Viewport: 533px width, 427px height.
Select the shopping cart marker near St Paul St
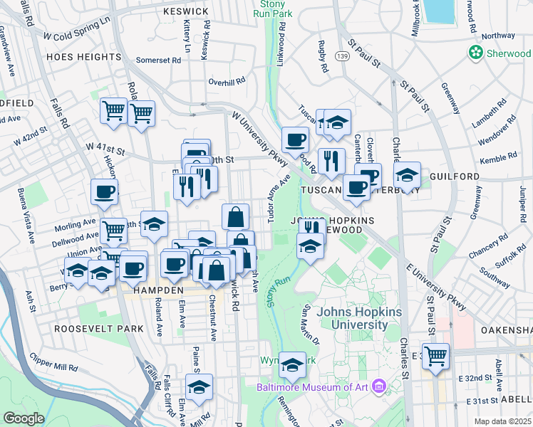435,355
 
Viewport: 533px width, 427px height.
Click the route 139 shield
343,57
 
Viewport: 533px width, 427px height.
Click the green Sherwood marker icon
475,53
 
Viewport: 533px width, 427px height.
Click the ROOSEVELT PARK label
98,330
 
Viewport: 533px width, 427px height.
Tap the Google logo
23,418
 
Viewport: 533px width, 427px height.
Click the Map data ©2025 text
502,421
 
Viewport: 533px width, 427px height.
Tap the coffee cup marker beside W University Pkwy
295,139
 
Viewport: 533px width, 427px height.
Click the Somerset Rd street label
159,60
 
